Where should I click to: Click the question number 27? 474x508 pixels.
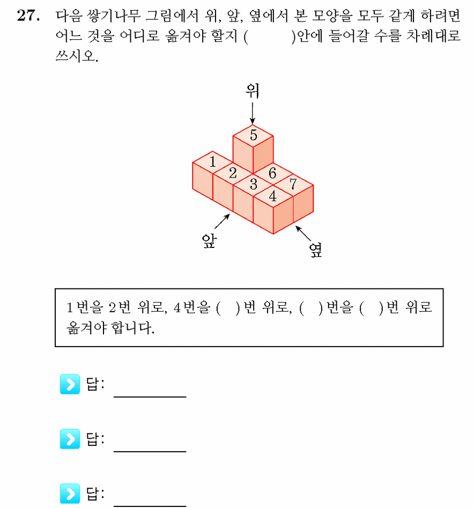28,15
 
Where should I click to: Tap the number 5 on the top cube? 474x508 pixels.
254,135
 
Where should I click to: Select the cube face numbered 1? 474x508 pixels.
213,161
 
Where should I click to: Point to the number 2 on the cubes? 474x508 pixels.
233,173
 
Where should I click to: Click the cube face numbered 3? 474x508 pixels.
253,185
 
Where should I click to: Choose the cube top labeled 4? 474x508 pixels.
273,196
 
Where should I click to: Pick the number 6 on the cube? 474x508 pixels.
272,173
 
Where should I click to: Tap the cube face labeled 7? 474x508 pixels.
293,185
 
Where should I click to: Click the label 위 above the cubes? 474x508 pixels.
253,91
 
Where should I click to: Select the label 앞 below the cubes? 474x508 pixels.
209,241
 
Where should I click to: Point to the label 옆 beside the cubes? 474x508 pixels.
315,250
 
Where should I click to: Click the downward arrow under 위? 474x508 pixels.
253,113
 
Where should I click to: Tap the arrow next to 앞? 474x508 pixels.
223,222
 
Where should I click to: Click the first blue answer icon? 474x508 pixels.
70,384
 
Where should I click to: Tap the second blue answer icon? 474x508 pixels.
70,439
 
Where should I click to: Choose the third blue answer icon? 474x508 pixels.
70,494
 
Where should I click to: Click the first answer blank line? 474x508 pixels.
150,396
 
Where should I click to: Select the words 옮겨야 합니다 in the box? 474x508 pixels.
110,328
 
